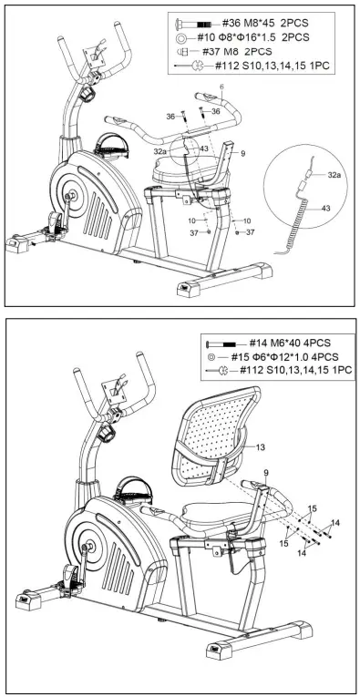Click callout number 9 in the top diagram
tap(243, 155)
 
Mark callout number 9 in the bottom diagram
tap(267, 472)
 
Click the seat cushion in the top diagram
tap(186, 169)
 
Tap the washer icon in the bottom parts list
tap(212, 356)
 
